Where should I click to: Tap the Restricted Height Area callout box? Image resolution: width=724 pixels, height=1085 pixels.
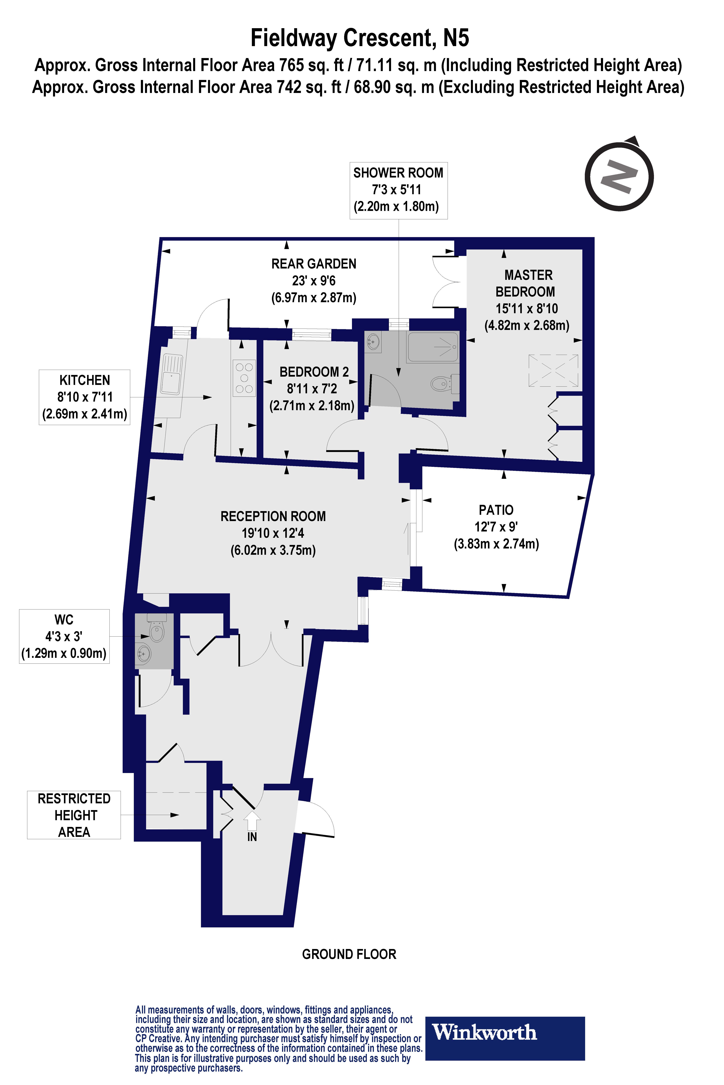(x=74, y=815)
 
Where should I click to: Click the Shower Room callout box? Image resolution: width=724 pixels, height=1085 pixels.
(x=398, y=190)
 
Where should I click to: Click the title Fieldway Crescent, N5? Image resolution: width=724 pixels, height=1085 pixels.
(x=360, y=38)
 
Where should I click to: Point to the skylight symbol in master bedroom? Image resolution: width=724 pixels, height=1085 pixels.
(x=553, y=370)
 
